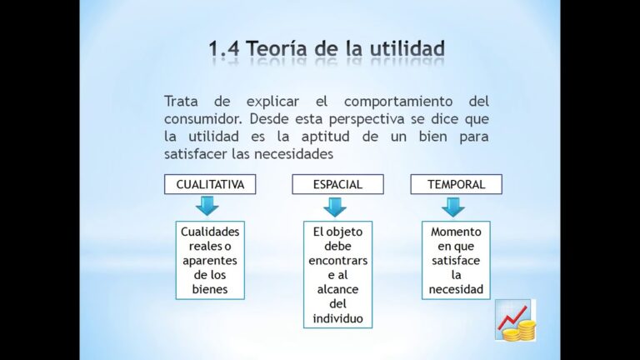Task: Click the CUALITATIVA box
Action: pyautogui.click(x=210, y=184)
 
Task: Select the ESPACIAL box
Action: pyautogui.click(x=338, y=184)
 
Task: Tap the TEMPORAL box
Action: pyautogui.click(x=457, y=184)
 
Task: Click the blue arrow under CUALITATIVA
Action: pyautogui.click(x=207, y=206)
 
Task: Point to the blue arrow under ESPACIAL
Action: pyautogui.click(x=335, y=207)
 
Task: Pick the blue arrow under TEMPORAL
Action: pyautogui.click(x=453, y=207)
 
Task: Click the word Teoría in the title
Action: pyautogui.click(x=277, y=48)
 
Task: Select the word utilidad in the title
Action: pyautogui.click(x=407, y=48)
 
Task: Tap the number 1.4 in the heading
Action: pyautogui.click(x=224, y=48)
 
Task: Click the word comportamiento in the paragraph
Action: pyautogui.click(x=398, y=102)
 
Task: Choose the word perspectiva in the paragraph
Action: pyautogui.click(x=367, y=120)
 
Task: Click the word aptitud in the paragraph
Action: pyautogui.click(x=325, y=137)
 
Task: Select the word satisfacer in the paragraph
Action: pyautogui.click(x=196, y=154)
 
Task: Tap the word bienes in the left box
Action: pyautogui.click(x=210, y=289)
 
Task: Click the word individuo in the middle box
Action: pyautogui.click(x=338, y=318)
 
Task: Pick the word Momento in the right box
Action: pyautogui.click(x=456, y=232)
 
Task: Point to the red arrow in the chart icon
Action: pyautogui.click(x=512, y=317)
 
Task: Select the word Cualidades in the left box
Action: pyautogui.click(x=210, y=232)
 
